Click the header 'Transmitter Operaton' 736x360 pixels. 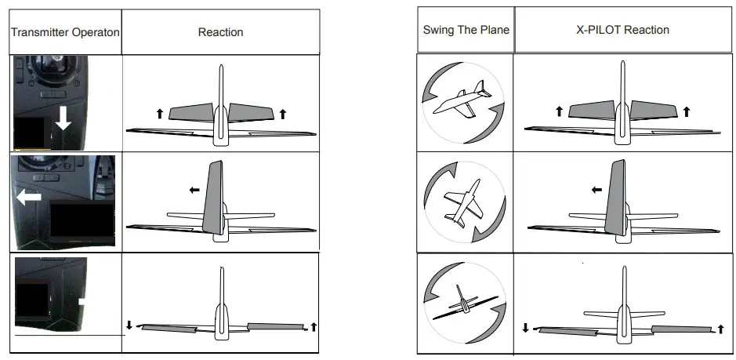click(64, 32)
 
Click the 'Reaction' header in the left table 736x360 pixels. click(220, 32)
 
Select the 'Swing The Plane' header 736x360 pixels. click(466, 30)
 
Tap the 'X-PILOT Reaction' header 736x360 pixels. click(622, 30)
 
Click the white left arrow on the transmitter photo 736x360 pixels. click(29, 198)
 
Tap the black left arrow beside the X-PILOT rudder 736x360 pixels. click(596, 189)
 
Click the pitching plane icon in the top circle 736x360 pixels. click(462, 101)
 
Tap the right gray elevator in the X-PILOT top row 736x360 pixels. click(654, 111)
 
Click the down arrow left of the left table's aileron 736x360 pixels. click(129, 325)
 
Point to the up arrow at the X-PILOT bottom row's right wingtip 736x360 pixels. click(720, 328)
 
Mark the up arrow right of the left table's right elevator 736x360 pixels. click(283, 114)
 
